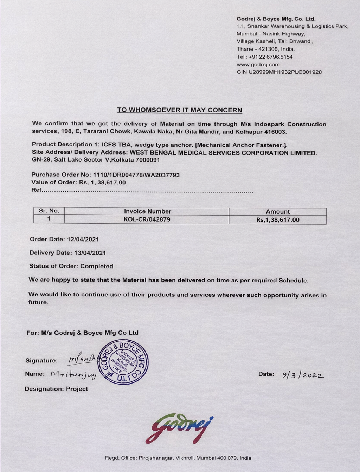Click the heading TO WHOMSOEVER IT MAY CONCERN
179,110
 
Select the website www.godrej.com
258,64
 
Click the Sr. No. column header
49,211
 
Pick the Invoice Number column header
147,211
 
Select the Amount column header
278,211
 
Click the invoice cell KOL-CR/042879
147,219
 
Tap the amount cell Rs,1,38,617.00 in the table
278,220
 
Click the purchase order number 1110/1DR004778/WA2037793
136,175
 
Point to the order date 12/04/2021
83,239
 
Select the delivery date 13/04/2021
90,253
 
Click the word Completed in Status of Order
97,266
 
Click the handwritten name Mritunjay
73,375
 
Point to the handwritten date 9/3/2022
303,375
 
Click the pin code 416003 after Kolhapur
277,132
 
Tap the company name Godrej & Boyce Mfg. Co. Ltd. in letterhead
276,19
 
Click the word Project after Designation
77,389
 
